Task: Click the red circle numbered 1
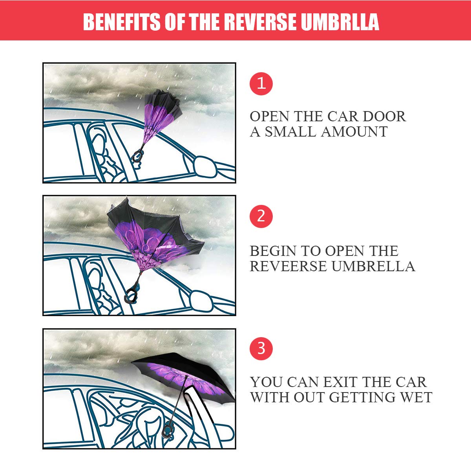pyautogui.click(x=261, y=84)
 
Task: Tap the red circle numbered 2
pyautogui.click(x=261, y=216)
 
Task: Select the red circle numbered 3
pyautogui.click(x=261, y=348)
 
